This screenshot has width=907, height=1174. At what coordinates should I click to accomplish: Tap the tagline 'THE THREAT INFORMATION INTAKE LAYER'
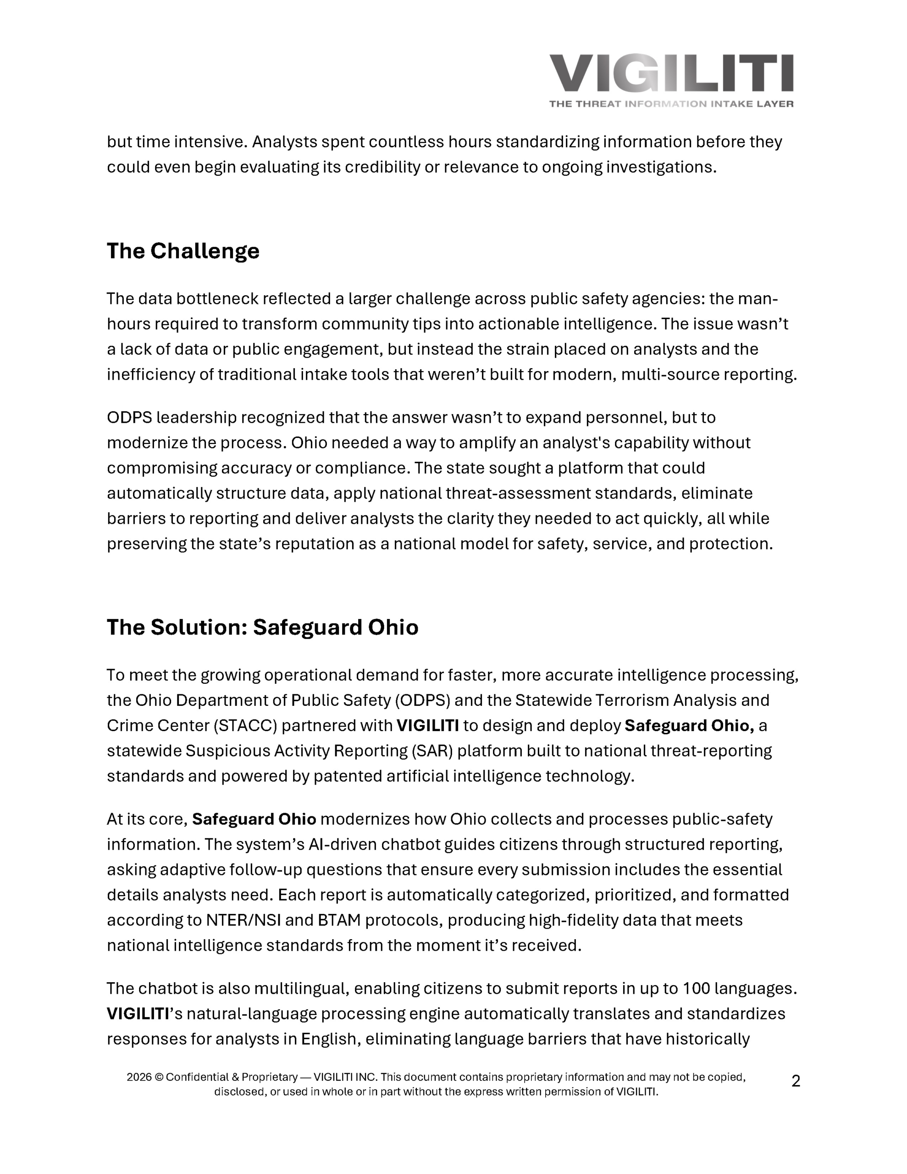(x=671, y=104)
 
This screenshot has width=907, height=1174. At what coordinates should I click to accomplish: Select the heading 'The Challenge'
(x=183, y=251)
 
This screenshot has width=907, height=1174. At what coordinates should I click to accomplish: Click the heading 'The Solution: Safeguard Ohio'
(x=262, y=627)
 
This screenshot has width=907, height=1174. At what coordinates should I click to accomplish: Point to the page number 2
(x=796, y=1080)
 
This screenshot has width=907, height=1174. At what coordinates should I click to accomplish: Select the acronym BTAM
(x=339, y=920)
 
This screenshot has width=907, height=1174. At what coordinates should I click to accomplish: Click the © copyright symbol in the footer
(x=159, y=1077)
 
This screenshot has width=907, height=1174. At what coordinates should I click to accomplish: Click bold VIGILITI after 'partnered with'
(x=427, y=725)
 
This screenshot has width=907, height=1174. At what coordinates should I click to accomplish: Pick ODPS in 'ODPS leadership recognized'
(x=129, y=418)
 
